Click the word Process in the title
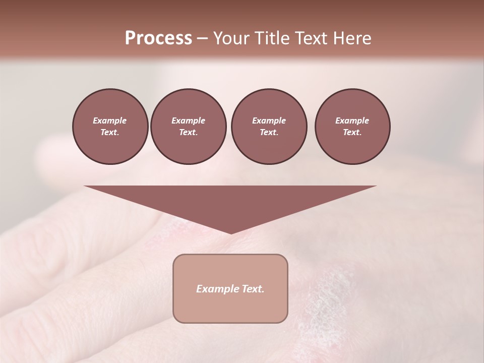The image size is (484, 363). click(158, 38)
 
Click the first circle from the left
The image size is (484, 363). click(110, 127)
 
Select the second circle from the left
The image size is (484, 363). click(189, 127)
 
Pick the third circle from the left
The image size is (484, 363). click(269, 127)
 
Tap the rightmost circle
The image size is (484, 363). click(352, 127)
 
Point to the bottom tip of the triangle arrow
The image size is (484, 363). click(231, 233)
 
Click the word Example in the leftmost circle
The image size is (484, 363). click(110, 120)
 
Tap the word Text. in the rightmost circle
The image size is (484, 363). click(352, 133)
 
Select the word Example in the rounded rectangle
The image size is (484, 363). click(216, 289)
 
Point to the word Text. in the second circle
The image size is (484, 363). click(189, 133)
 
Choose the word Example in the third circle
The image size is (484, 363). click(269, 120)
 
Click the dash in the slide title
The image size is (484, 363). click(203, 39)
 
